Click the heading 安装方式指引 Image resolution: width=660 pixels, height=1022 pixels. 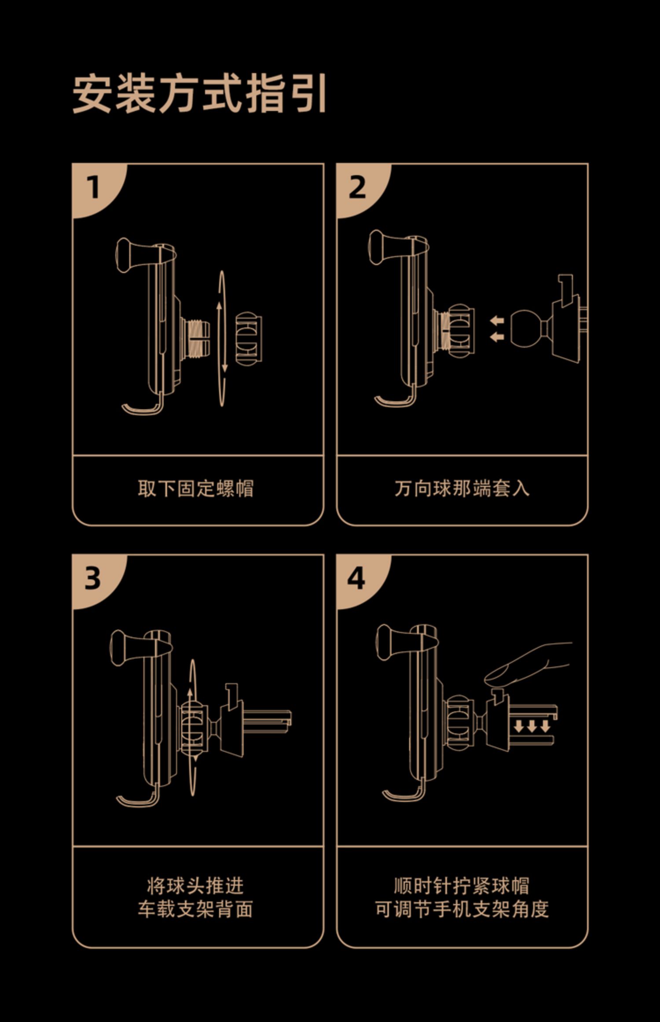pos(199,94)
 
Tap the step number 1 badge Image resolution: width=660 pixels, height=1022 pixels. pos(93,187)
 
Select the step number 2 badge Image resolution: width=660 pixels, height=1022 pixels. pos(357,187)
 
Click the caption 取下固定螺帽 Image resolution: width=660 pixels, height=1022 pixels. pos(196,489)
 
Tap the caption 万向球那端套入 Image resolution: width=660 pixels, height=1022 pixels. pos(462,489)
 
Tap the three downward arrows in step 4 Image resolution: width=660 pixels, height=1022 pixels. pos(532,727)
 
